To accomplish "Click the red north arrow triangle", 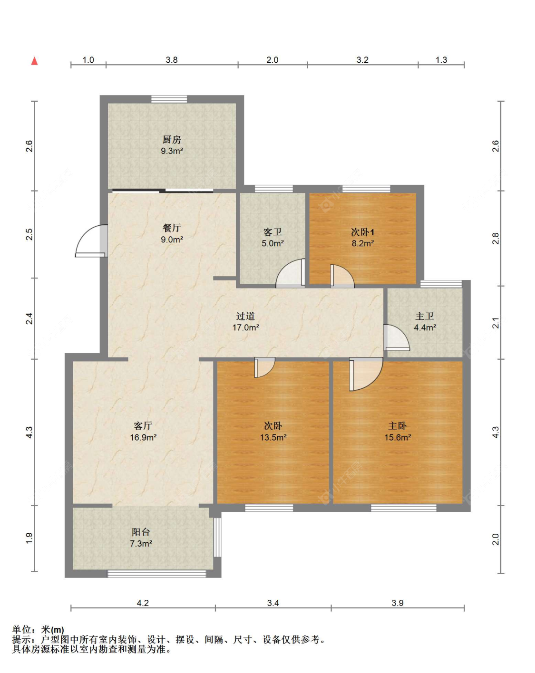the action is coord(34,61).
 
